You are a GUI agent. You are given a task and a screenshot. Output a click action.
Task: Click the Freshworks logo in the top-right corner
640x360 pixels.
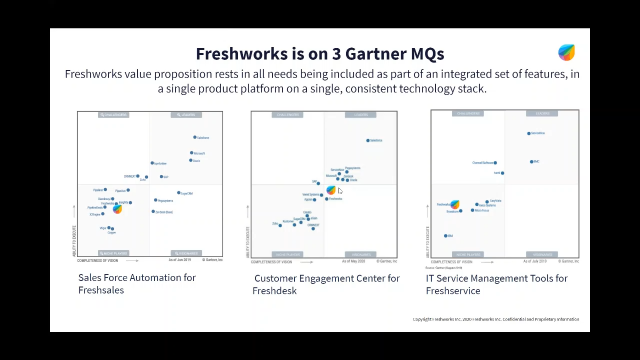click(x=567, y=53)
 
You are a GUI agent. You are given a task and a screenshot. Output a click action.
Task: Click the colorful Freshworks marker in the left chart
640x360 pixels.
click(x=117, y=209)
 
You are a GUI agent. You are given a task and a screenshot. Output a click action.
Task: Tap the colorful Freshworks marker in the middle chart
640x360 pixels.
click(x=331, y=190)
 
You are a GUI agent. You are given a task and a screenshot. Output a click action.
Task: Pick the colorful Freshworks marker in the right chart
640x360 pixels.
click(x=454, y=205)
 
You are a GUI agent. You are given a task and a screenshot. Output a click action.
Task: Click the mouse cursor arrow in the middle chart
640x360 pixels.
click(x=340, y=189)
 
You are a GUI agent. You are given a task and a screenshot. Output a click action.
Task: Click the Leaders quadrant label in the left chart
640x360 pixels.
click(x=186, y=115)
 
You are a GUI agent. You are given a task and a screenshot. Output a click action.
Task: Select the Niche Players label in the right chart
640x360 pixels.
click(x=467, y=254)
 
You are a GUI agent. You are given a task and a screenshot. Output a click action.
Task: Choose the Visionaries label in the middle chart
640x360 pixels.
click(x=359, y=254)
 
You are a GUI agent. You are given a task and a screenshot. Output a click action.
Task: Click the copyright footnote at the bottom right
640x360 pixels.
click(x=496, y=319)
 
